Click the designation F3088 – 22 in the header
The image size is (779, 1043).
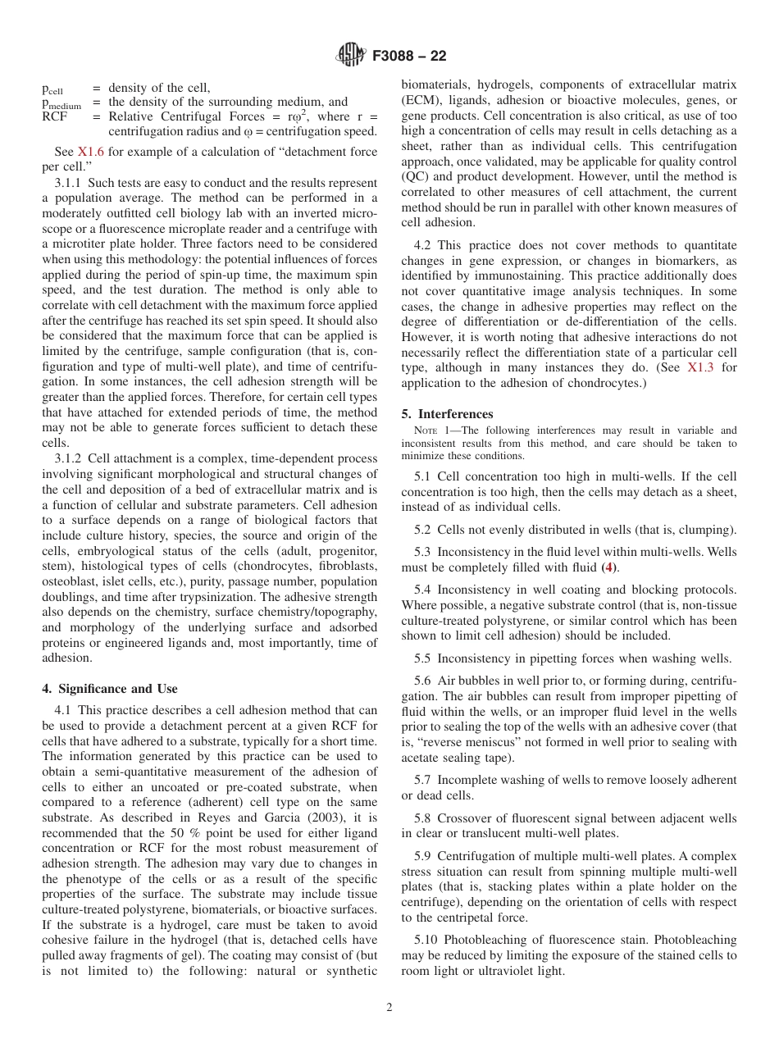point(409,57)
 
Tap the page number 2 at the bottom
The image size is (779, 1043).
point(389,1008)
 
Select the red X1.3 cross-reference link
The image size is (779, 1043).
point(699,367)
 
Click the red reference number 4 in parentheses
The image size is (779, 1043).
point(608,567)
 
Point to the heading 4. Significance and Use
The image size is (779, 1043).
point(109,689)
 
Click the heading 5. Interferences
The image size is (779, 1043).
point(447,414)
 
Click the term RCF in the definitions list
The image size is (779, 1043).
point(55,116)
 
